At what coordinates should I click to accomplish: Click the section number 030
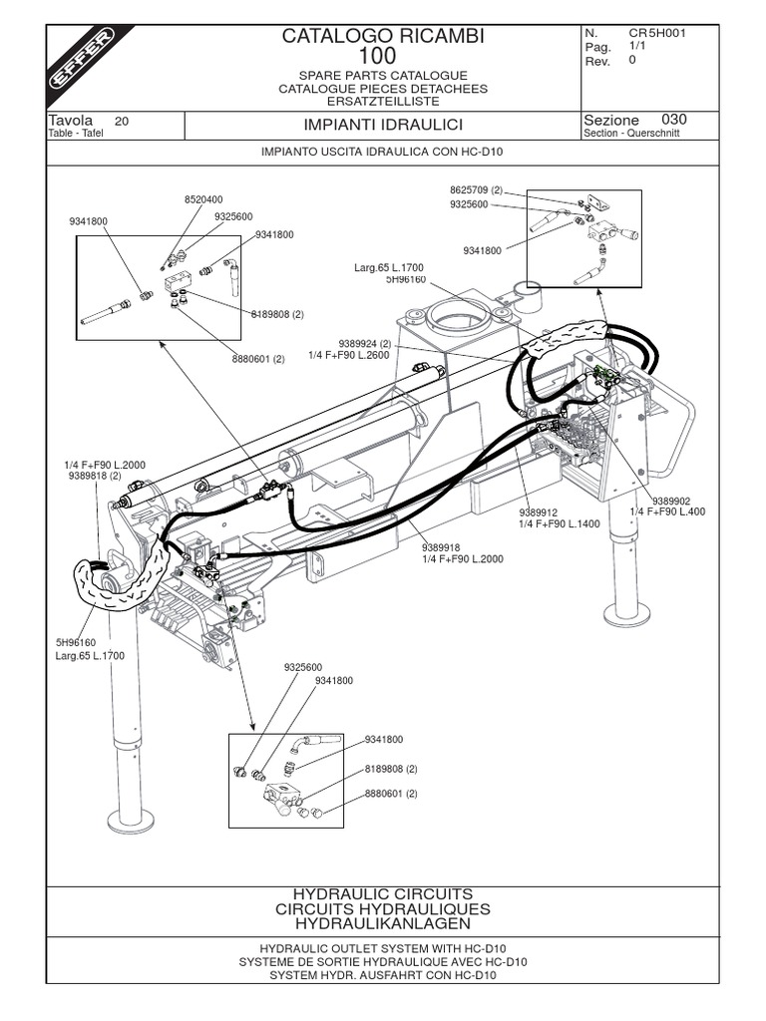674,121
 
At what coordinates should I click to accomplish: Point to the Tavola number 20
122,121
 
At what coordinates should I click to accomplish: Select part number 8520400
203,199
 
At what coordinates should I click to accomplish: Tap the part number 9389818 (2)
94,477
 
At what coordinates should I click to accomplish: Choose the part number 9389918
440,546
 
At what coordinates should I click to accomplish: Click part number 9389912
540,511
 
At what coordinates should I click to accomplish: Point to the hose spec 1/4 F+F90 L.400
667,511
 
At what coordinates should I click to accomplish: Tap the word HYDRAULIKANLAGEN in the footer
383,924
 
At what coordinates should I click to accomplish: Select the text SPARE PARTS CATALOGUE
383,76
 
